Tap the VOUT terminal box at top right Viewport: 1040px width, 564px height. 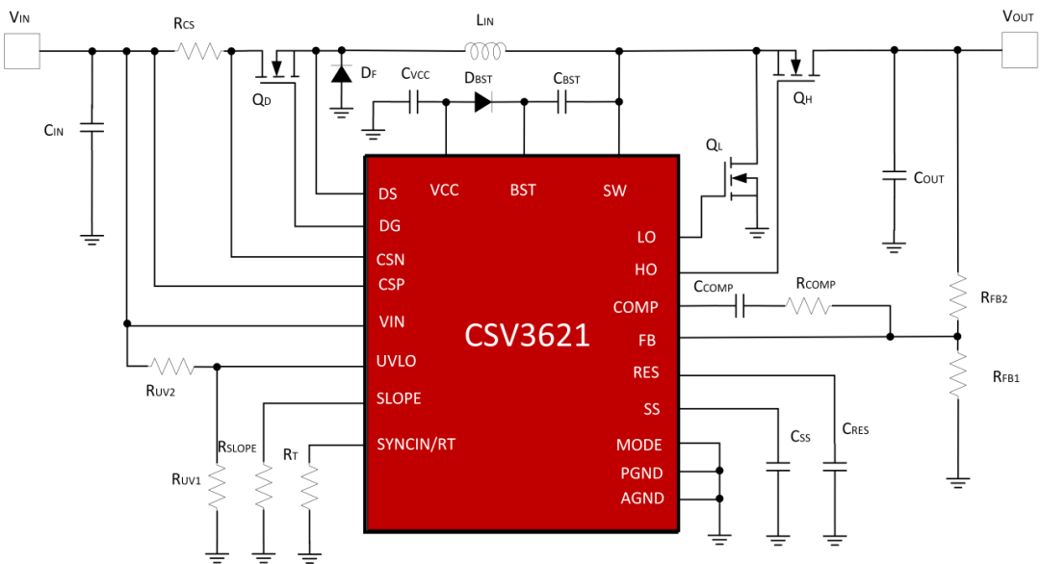coord(1019,50)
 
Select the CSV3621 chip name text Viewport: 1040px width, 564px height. coord(526,336)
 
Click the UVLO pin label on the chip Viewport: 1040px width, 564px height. coord(397,361)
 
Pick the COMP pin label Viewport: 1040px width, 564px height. coord(636,308)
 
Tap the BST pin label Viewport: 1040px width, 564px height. coord(524,191)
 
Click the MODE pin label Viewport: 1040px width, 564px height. coord(639,445)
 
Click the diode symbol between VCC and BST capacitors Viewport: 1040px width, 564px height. coord(480,102)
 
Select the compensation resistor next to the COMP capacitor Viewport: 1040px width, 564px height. coord(807,307)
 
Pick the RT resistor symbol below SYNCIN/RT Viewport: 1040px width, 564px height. coord(309,487)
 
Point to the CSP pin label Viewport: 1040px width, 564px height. coord(391,285)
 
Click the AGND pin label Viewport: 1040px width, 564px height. coord(639,498)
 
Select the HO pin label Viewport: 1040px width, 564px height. coord(645,269)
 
